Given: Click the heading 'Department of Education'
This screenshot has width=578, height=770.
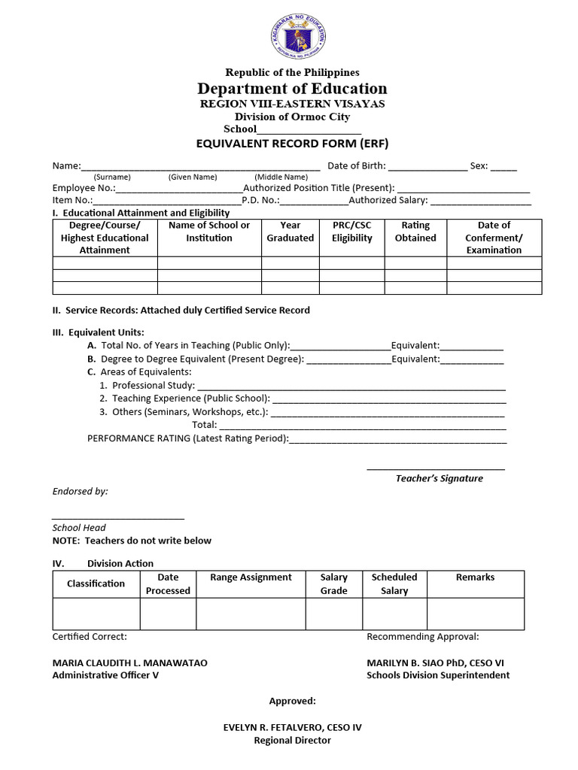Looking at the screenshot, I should (x=292, y=89).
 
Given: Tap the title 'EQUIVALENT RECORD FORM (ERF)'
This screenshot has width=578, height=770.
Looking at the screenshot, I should (x=292, y=143).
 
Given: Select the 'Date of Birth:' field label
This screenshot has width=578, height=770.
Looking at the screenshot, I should (x=357, y=165).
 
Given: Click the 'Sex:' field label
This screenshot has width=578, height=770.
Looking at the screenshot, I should (x=479, y=165).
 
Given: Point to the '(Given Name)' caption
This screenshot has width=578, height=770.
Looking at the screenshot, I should (x=193, y=177).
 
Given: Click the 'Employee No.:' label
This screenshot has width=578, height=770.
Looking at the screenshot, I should (x=84, y=188).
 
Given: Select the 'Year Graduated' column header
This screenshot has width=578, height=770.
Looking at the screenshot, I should (x=290, y=232).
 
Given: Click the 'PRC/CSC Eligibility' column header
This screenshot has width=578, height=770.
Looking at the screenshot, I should (x=351, y=232).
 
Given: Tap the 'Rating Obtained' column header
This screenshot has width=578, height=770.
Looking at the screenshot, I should (x=415, y=232).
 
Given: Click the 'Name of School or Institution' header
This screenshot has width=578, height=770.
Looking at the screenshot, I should (x=209, y=232).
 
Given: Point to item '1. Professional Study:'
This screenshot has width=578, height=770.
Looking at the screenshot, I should (x=148, y=385).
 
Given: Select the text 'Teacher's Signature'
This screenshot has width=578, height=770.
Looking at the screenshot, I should (x=440, y=478).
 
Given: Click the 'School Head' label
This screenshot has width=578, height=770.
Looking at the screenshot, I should (x=79, y=528).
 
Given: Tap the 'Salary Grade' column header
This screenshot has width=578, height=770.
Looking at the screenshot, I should (x=333, y=584).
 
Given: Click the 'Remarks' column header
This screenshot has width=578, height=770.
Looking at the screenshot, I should (x=475, y=577).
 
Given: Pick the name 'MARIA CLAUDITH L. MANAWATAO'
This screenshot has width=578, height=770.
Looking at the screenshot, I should (x=129, y=663).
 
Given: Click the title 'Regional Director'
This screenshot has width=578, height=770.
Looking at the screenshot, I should (x=292, y=741).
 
